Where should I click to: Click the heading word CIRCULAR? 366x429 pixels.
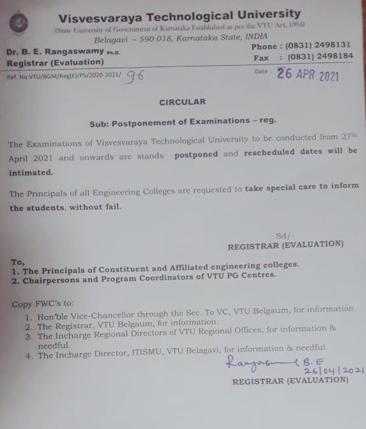point(184,102)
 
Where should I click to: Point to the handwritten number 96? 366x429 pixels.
point(135,75)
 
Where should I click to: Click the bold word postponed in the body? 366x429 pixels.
point(195,154)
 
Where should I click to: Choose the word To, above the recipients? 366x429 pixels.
point(19,261)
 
